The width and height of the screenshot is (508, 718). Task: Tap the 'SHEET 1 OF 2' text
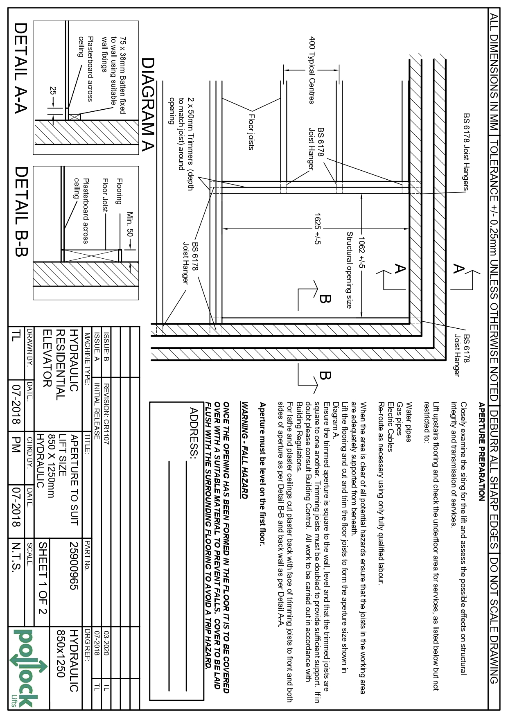tap(43, 578)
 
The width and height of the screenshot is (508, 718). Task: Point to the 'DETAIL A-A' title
tap(20, 67)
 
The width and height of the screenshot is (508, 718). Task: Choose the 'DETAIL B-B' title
tap(20, 211)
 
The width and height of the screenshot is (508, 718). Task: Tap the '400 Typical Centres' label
tap(312, 70)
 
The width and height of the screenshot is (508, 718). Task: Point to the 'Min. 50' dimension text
tap(130, 224)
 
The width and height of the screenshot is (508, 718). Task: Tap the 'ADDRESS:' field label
tap(194, 433)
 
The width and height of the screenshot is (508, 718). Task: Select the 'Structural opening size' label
tap(349, 270)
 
